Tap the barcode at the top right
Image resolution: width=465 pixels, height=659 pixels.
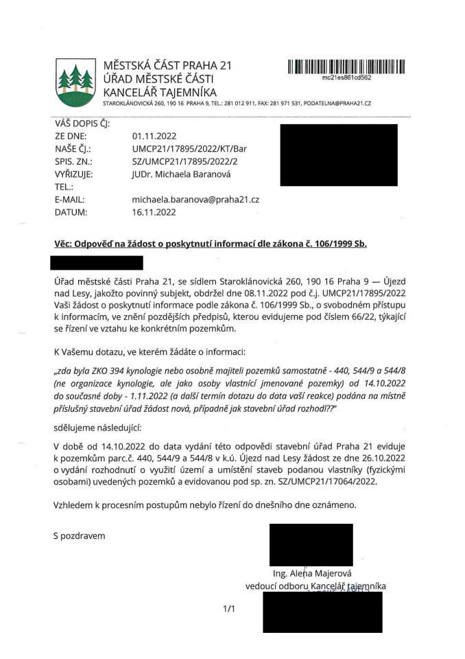click(x=346, y=66)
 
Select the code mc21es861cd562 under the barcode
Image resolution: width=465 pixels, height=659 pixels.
click(x=346, y=78)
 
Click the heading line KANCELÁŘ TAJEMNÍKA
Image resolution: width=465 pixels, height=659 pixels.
click(x=159, y=92)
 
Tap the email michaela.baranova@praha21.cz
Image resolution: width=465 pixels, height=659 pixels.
click(x=195, y=199)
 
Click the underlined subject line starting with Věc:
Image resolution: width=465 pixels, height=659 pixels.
click(x=211, y=244)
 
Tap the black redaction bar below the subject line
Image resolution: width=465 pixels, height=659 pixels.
click(x=97, y=262)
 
